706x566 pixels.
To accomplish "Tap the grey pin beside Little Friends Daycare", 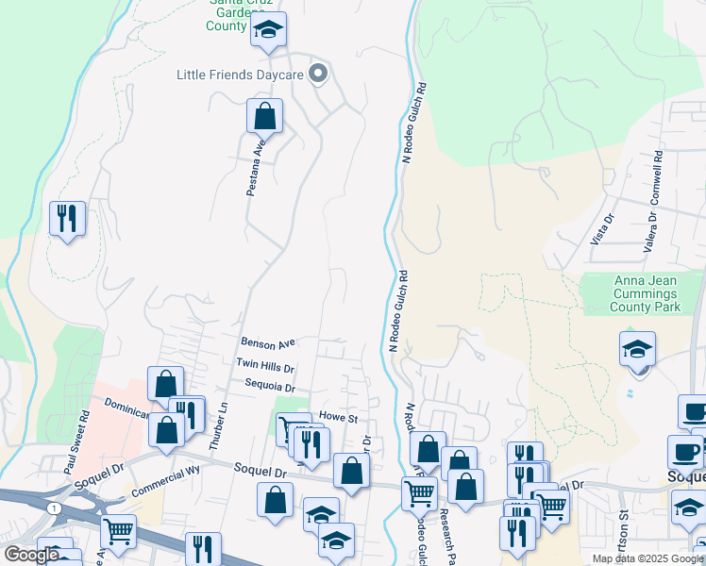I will pyautogui.click(x=319, y=73).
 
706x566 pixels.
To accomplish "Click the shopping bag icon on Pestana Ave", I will pyautogui.click(x=265, y=117).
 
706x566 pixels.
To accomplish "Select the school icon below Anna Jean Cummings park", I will pyautogui.click(x=638, y=349).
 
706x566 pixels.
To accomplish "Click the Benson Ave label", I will pyautogui.click(x=268, y=343).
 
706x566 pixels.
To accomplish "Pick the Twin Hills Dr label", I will pyautogui.click(x=265, y=365).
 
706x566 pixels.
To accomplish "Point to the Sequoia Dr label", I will pyautogui.click(x=270, y=387).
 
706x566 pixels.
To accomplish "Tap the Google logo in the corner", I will pyautogui.click(x=31, y=555).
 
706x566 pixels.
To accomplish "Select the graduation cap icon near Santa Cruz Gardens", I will pyautogui.click(x=268, y=31).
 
